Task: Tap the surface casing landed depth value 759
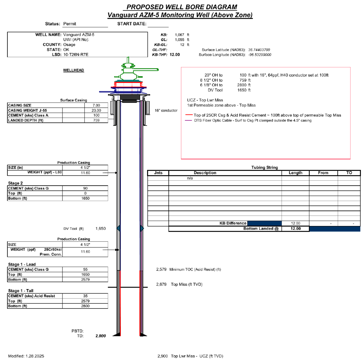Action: pyautogui.click(x=96, y=120)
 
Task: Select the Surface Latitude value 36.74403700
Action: pyautogui.click(x=259, y=50)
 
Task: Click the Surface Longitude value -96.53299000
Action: pyautogui.click(x=259, y=55)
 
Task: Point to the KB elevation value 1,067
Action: pyautogui.click(x=180, y=35)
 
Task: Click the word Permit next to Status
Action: pyautogui.click(x=70, y=24)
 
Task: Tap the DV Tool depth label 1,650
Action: pyautogui.click(x=100, y=228)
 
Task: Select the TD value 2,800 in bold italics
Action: pyautogui.click(x=100, y=336)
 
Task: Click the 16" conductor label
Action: pyautogui.click(x=166, y=111)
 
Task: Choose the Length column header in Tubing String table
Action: pyautogui.click(x=295, y=173)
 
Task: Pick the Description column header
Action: pyautogui.click(x=205, y=173)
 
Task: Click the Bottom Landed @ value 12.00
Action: pyautogui.click(x=296, y=228)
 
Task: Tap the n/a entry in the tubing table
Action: pyautogui.click(x=190, y=178)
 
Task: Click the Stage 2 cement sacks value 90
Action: pyautogui.click(x=85, y=188)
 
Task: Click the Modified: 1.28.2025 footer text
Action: pyautogui.click(x=26, y=356)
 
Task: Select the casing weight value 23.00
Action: pyautogui.click(x=96, y=110)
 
